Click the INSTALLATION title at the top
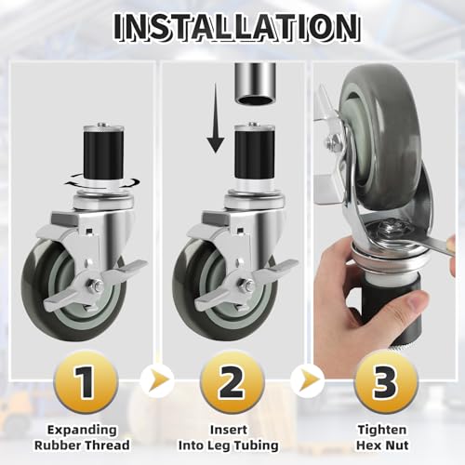click(236, 27)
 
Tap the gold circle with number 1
click(86, 382)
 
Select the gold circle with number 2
click(232, 382)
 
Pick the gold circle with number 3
click(386, 382)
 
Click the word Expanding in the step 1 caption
click(82, 431)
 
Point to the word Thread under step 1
click(107, 445)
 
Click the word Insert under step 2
click(229, 430)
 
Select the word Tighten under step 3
click(382, 431)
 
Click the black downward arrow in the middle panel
click(216, 118)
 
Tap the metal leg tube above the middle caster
click(255, 84)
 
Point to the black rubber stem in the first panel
click(103, 154)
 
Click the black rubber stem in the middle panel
click(255, 153)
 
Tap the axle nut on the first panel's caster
click(97, 286)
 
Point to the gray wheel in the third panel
click(381, 137)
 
